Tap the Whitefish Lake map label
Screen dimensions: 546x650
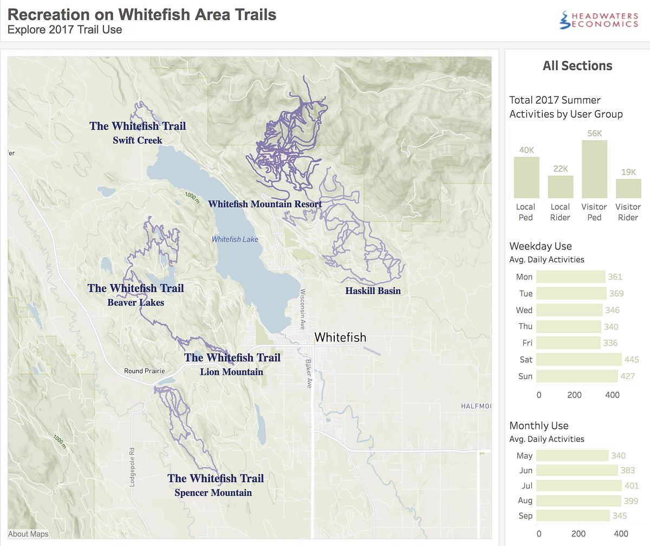(x=235, y=239)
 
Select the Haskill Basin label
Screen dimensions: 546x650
(x=373, y=291)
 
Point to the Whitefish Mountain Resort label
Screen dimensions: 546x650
(x=265, y=204)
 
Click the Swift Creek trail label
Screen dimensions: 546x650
(x=138, y=140)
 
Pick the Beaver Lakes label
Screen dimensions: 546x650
(x=135, y=303)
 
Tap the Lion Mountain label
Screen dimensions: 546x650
(x=231, y=372)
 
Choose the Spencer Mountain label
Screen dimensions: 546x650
(x=213, y=493)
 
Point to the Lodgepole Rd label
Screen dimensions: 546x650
(x=132, y=467)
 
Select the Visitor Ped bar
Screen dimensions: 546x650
(x=594, y=169)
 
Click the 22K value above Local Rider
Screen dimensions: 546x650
(x=560, y=169)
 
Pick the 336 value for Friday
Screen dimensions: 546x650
(x=610, y=343)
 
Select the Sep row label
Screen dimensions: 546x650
(x=525, y=516)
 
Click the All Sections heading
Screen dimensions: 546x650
(x=577, y=66)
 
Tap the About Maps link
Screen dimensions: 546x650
(x=28, y=534)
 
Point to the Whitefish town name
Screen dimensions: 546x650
(x=340, y=337)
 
